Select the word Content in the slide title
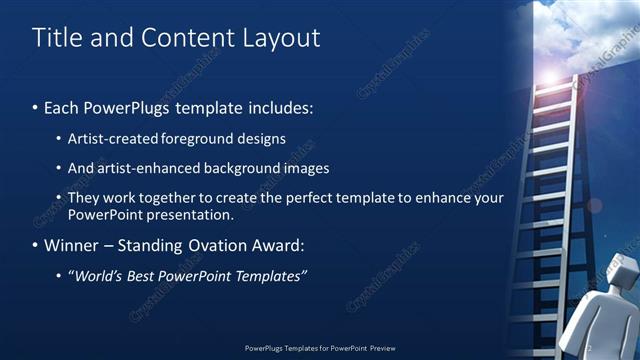click(190, 38)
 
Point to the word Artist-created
click(114, 138)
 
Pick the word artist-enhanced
click(140, 168)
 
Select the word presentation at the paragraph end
click(189, 214)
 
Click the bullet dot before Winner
click(36, 245)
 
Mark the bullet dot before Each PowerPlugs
click(36, 107)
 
